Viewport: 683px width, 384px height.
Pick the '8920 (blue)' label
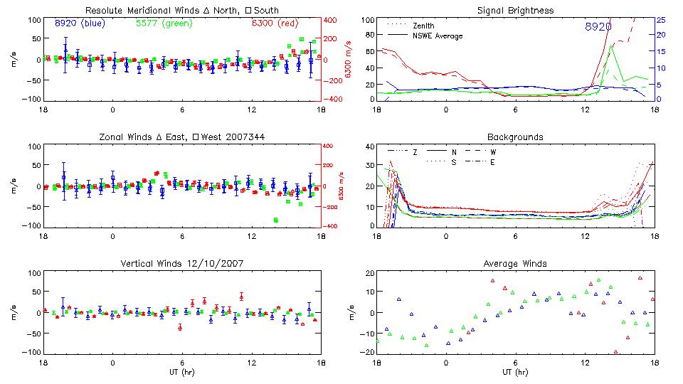[x=80, y=23]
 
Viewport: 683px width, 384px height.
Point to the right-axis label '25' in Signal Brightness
[x=660, y=20]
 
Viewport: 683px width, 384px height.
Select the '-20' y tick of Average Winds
[x=367, y=353]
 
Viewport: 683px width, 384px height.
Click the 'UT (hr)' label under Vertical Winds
[x=183, y=372]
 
